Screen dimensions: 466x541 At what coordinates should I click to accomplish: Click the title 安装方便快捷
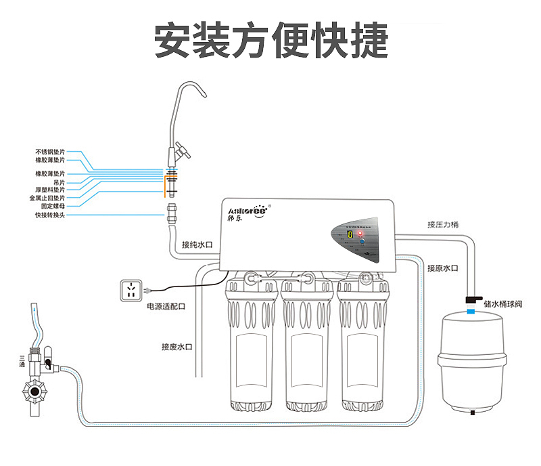pos(271,41)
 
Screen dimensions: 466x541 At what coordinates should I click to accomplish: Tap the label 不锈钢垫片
pos(50,152)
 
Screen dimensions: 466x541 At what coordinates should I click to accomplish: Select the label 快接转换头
pos(50,215)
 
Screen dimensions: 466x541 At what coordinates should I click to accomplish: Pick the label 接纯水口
pos(197,245)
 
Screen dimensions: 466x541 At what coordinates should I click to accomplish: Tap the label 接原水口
pos(443,268)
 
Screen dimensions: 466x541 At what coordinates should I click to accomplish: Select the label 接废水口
pos(177,347)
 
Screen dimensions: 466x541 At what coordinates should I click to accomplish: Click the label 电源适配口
pos(166,306)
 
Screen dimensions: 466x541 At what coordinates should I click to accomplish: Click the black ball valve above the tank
pos(471,298)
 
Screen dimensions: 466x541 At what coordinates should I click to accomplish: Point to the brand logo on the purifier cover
pos(245,213)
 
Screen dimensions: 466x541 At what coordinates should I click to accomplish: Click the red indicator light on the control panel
pos(360,232)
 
